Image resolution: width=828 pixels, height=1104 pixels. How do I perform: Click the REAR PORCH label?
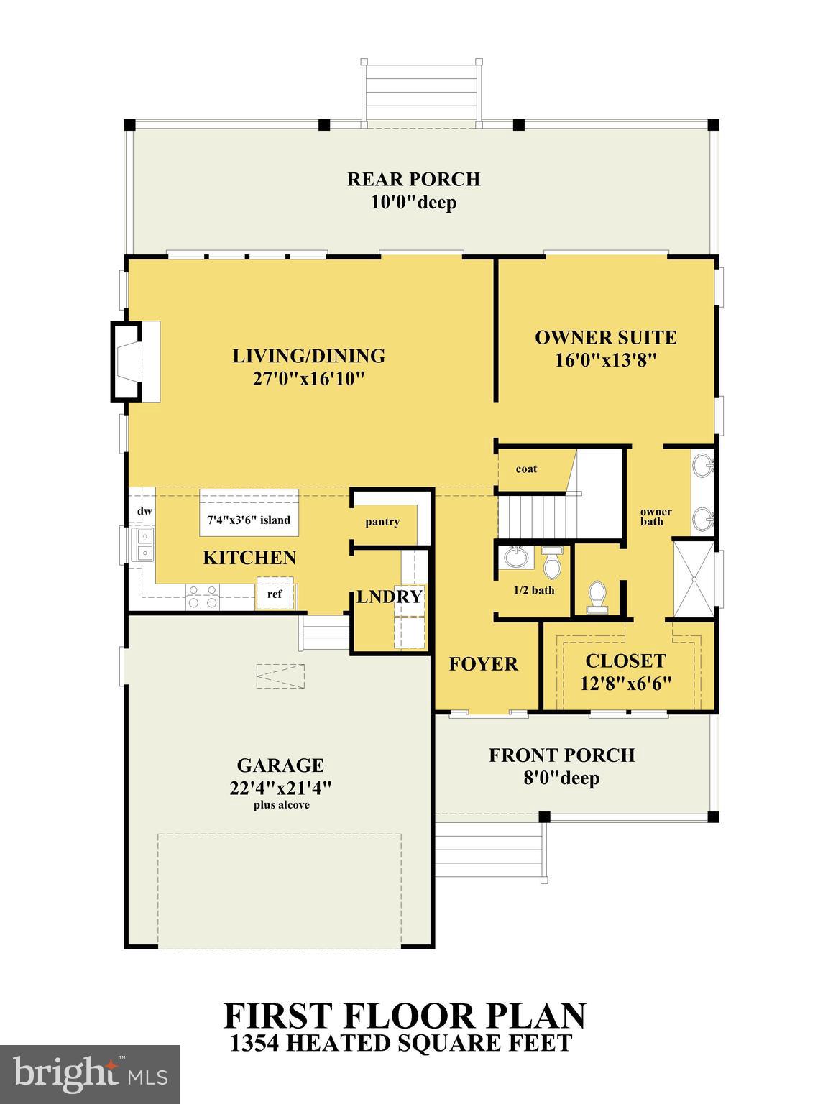click(x=413, y=179)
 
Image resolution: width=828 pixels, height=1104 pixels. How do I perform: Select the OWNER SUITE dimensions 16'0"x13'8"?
click(x=606, y=360)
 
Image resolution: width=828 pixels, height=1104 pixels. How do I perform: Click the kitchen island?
click(x=249, y=512)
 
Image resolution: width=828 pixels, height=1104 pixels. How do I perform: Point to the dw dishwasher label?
click(x=144, y=511)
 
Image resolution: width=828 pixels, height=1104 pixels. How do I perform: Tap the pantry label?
click(x=382, y=522)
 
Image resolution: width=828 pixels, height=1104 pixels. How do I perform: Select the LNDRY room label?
click(x=390, y=597)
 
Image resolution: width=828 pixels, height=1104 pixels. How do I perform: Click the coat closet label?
click(x=526, y=469)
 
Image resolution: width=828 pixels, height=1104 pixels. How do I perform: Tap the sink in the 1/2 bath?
click(x=515, y=557)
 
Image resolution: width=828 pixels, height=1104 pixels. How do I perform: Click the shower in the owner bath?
click(x=694, y=579)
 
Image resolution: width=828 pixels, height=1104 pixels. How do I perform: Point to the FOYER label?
click(x=483, y=663)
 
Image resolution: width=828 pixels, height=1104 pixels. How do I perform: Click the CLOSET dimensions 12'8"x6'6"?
click(x=625, y=683)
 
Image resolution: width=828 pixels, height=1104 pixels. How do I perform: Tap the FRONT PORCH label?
click(x=561, y=755)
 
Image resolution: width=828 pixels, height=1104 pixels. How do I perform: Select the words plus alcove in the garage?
click(x=281, y=805)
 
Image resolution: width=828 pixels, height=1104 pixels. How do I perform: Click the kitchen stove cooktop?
click(x=203, y=597)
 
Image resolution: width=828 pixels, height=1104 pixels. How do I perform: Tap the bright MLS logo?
click(x=90, y=1075)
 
